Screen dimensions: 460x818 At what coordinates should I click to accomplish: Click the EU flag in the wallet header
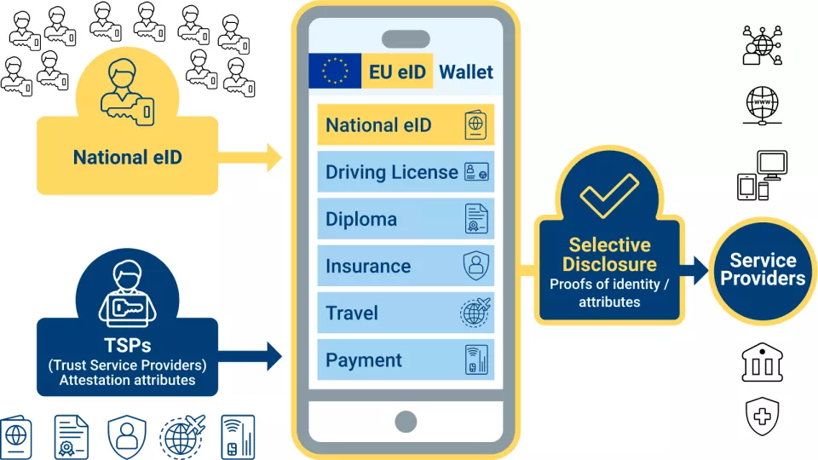(335, 71)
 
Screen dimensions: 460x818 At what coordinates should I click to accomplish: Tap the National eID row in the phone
(405, 125)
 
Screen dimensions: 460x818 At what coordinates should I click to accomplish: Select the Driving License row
(405, 172)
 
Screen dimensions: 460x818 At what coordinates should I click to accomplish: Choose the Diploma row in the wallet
(405, 219)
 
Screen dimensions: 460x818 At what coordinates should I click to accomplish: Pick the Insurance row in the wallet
(405, 266)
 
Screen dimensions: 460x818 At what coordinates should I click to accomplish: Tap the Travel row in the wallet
(405, 313)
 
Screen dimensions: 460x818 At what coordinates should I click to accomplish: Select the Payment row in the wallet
(405, 359)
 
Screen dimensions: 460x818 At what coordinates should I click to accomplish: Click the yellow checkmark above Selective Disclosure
(608, 195)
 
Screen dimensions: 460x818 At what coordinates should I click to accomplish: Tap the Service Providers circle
(763, 270)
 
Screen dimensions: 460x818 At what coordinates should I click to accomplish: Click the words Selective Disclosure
(608, 255)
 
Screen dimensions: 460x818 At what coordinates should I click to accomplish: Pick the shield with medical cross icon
(762, 417)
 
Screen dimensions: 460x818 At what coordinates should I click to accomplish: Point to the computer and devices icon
(762, 175)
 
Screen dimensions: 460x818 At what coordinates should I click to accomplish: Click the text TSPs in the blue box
(128, 345)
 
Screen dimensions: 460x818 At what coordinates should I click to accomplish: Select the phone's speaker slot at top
(406, 39)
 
